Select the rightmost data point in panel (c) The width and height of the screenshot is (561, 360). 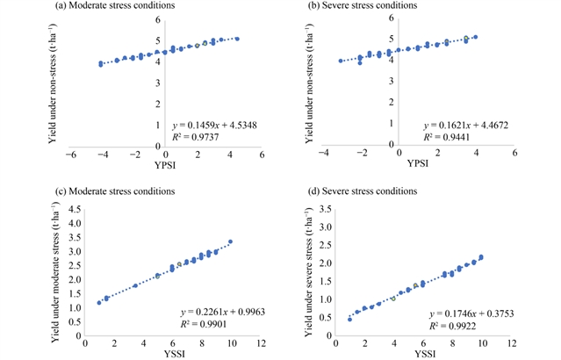tap(230, 241)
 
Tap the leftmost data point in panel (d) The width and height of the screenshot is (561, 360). tap(349, 319)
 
